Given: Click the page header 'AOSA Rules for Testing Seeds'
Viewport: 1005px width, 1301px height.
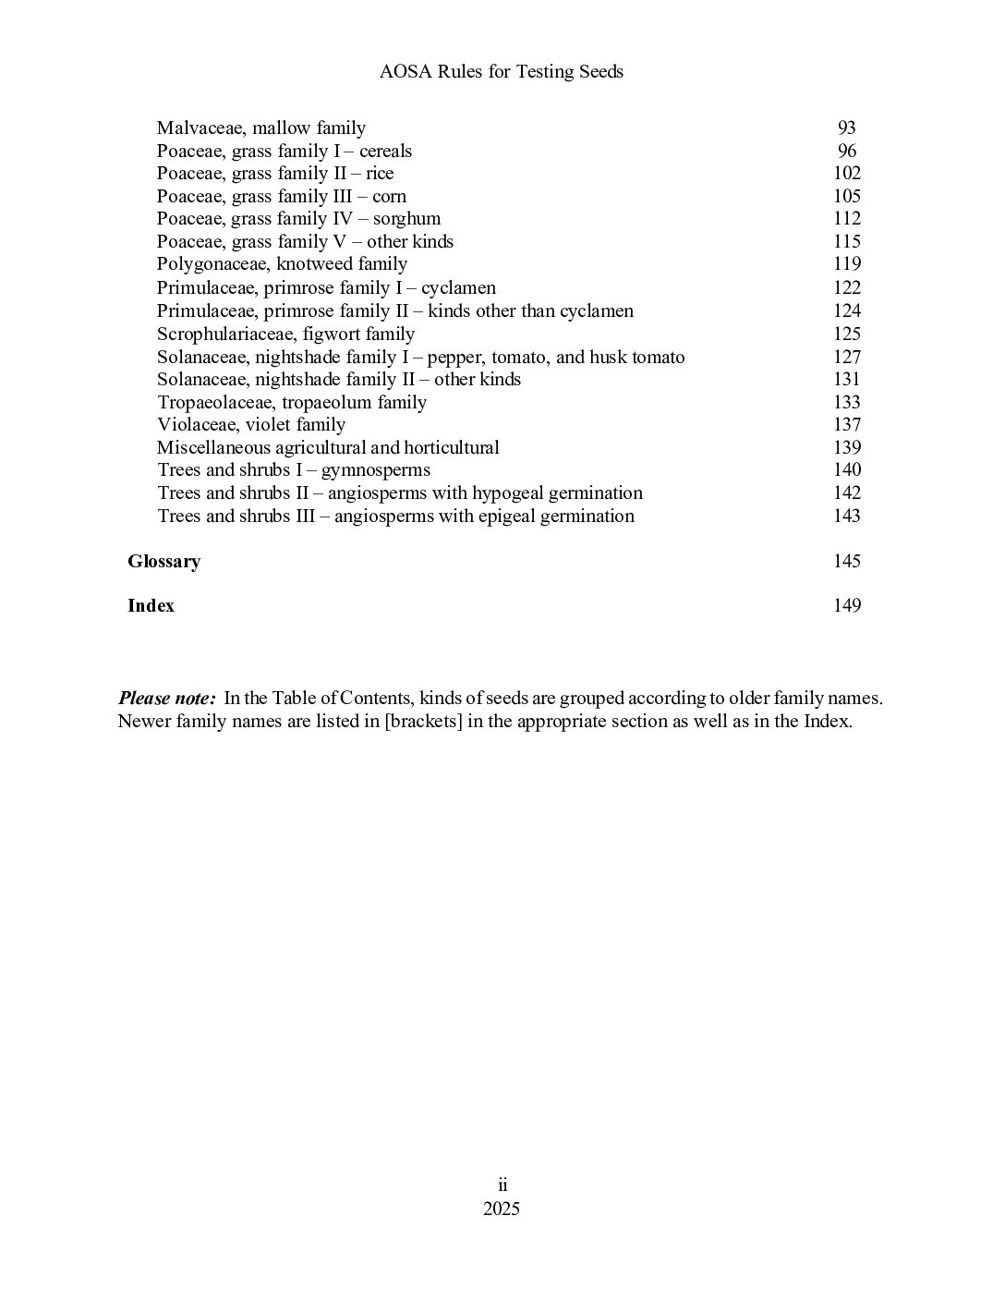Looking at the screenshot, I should (x=502, y=71).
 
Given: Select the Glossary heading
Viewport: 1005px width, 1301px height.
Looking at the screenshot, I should (x=163, y=562).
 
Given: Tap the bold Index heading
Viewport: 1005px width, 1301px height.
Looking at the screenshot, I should (x=151, y=606).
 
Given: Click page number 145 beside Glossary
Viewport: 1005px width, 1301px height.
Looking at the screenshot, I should (x=846, y=562).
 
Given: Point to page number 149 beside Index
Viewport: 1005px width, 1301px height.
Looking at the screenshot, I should (x=846, y=606).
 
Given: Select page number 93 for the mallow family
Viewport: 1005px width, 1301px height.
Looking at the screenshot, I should (x=846, y=128).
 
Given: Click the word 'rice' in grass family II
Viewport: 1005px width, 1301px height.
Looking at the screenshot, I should (x=380, y=174).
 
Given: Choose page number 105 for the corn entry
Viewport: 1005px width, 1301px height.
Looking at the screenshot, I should (x=846, y=197).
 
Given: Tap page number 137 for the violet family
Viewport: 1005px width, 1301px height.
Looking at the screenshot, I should (x=846, y=425).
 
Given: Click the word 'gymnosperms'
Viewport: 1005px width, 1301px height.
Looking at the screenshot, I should (x=375, y=471).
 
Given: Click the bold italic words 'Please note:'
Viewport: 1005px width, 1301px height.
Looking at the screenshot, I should (x=167, y=699).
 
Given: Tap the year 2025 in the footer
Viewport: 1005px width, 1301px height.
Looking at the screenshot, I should (x=502, y=1210).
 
